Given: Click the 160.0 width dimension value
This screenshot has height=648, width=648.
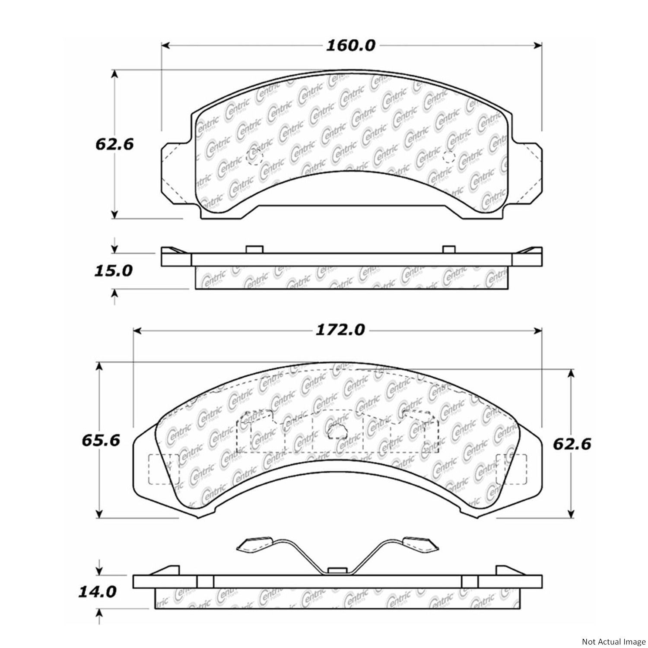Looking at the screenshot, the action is pyautogui.click(x=350, y=45).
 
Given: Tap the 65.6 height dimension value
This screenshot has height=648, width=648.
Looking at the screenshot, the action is pyautogui.click(x=100, y=441).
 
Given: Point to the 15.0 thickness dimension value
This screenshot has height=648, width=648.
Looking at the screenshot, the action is pyautogui.click(x=113, y=271).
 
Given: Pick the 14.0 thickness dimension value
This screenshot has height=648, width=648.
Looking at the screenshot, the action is pyautogui.click(x=97, y=591).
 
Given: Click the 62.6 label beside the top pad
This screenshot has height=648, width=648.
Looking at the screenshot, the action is pyautogui.click(x=114, y=144).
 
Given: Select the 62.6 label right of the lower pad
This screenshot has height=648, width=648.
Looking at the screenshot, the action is pyautogui.click(x=572, y=444).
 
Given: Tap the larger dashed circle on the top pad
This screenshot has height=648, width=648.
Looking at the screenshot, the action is pyautogui.click(x=254, y=156).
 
